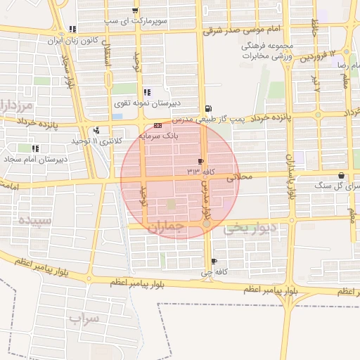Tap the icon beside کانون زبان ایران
tap(72, 30)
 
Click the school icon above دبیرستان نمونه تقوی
tap(147, 92)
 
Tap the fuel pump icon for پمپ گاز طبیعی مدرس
tap(207, 109)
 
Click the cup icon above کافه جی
tap(205, 262)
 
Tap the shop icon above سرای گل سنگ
tap(341, 176)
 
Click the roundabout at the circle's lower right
tap(206, 223)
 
